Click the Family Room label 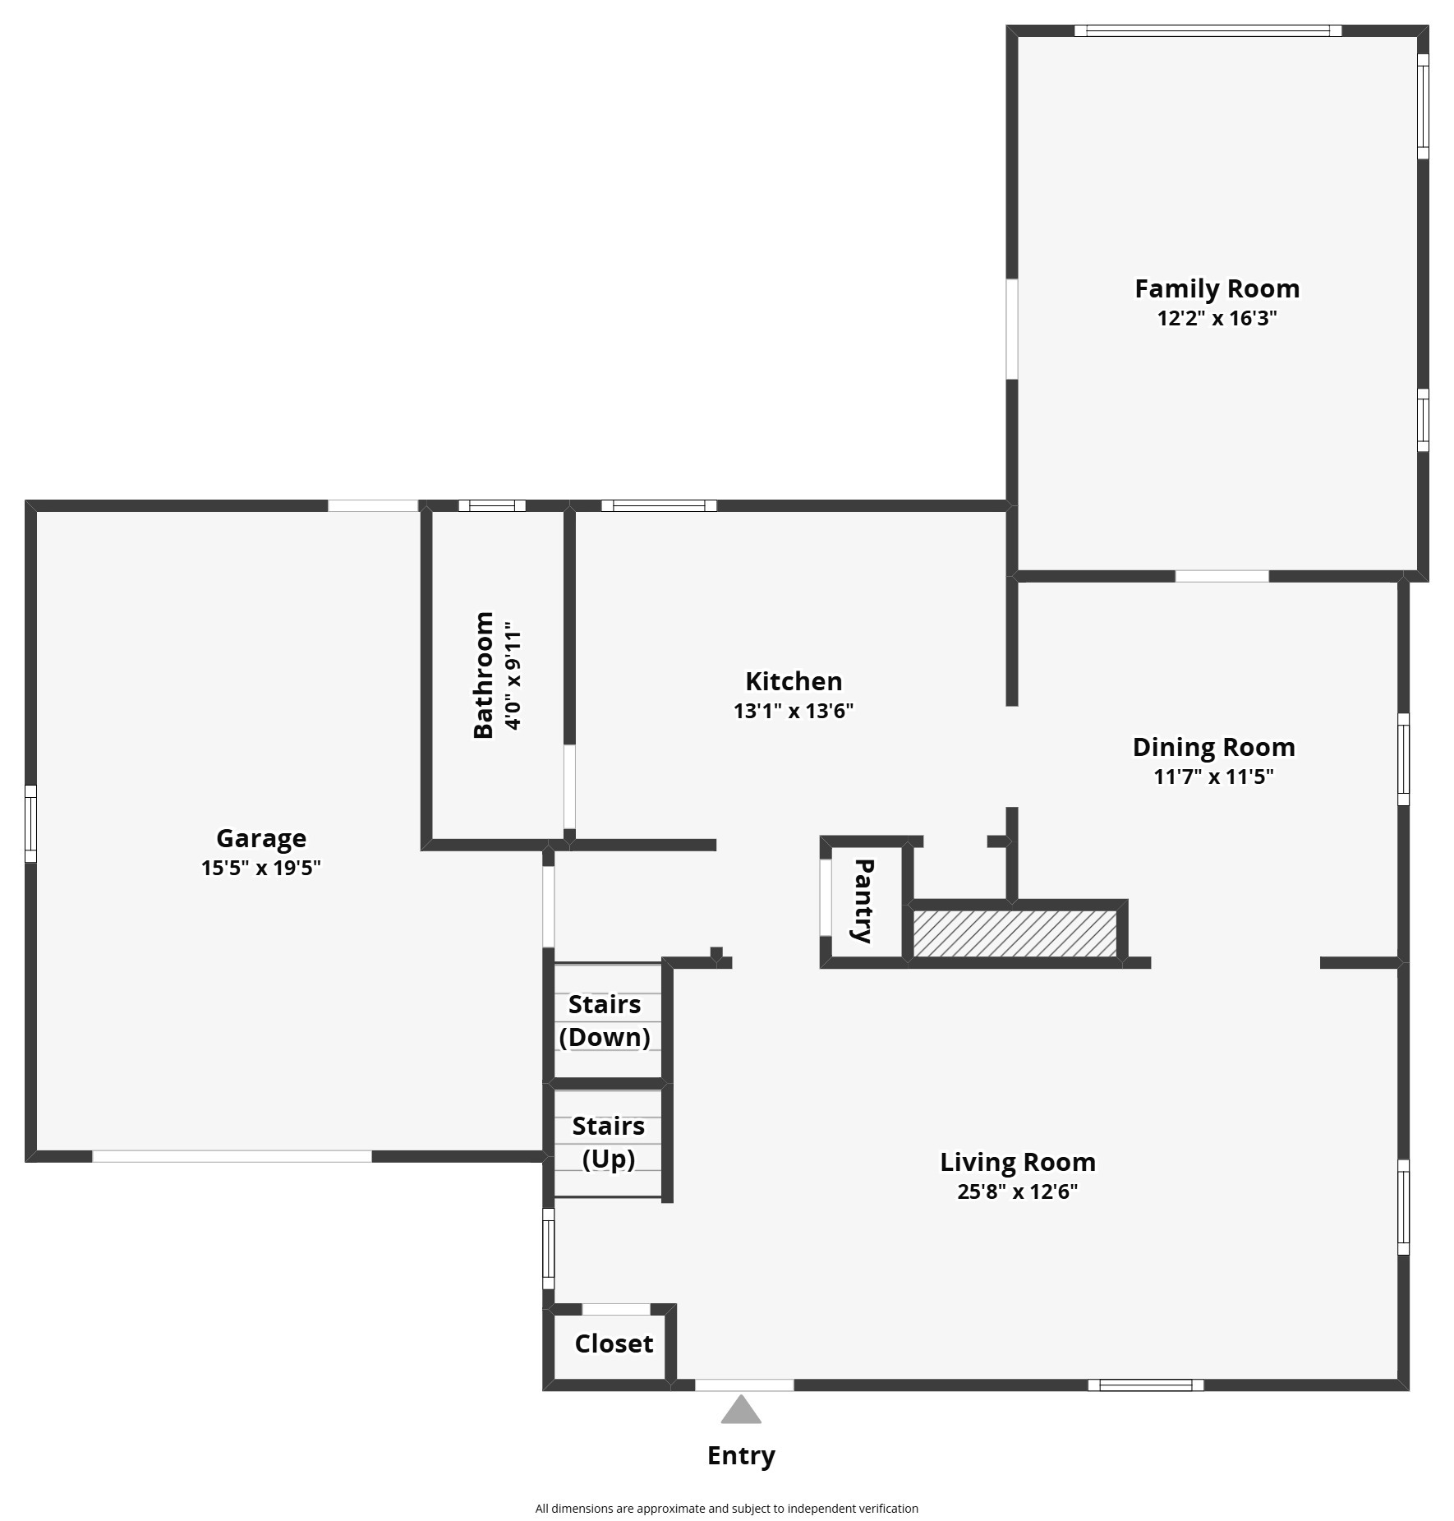coord(1217,288)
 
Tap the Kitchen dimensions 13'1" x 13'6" coord(794,711)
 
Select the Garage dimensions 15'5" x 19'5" coord(260,868)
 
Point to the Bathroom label coord(483,675)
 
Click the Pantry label coord(863,901)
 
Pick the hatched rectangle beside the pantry coord(1015,933)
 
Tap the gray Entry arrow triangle coord(741,1412)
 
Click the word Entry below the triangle coord(741,1455)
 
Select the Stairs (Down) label coord(605,1021)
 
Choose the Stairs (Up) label coord(609,1142)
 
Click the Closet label coord(614,1344)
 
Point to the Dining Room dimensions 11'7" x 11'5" coord(1213,777)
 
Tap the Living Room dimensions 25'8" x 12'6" coord(1017,1191)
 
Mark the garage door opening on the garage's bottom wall coord(232,1156)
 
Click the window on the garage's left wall coord(30,823)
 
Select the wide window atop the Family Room coord(1208,31)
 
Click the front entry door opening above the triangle coord(744,1385)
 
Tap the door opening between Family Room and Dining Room coord(1222,576)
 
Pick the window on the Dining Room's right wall coord(1404,759)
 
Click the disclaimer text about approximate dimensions coord(726,1509)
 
